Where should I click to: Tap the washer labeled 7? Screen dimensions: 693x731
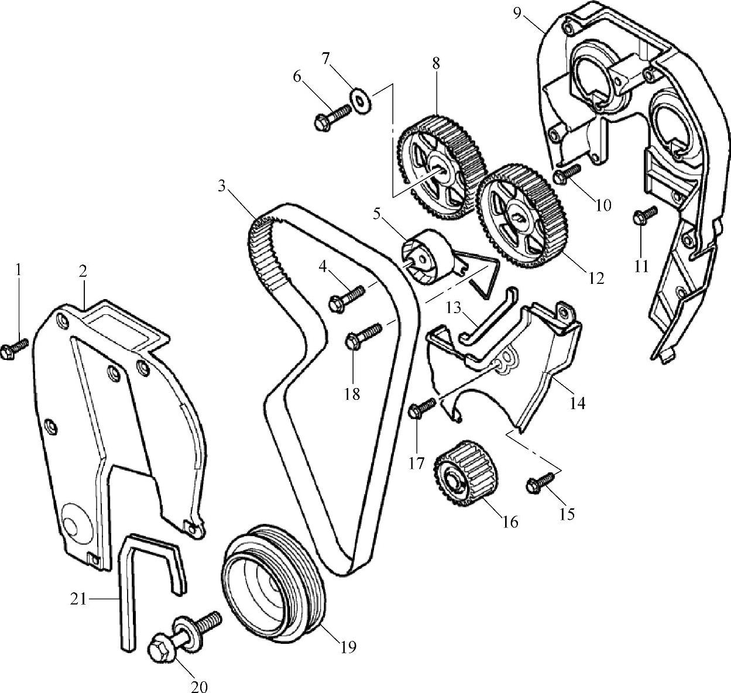[358, 98]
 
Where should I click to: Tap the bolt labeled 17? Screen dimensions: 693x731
[423, 407]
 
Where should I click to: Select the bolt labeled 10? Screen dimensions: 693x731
[567, 173]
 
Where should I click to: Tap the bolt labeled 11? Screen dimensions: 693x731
[644, 215]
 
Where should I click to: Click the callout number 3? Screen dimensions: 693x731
[221, 186]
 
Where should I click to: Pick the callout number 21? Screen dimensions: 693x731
[80, 599]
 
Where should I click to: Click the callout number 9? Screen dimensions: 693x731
[517, 12]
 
